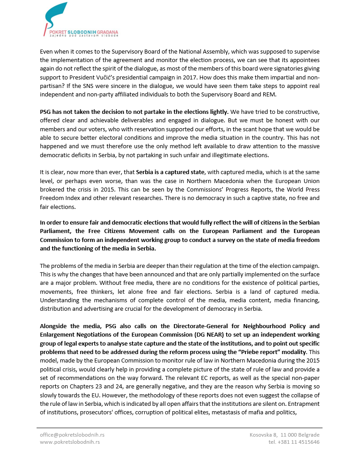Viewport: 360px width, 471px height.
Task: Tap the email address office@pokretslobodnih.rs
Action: pos(72,434)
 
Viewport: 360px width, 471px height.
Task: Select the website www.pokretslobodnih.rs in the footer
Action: pos(70,442)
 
